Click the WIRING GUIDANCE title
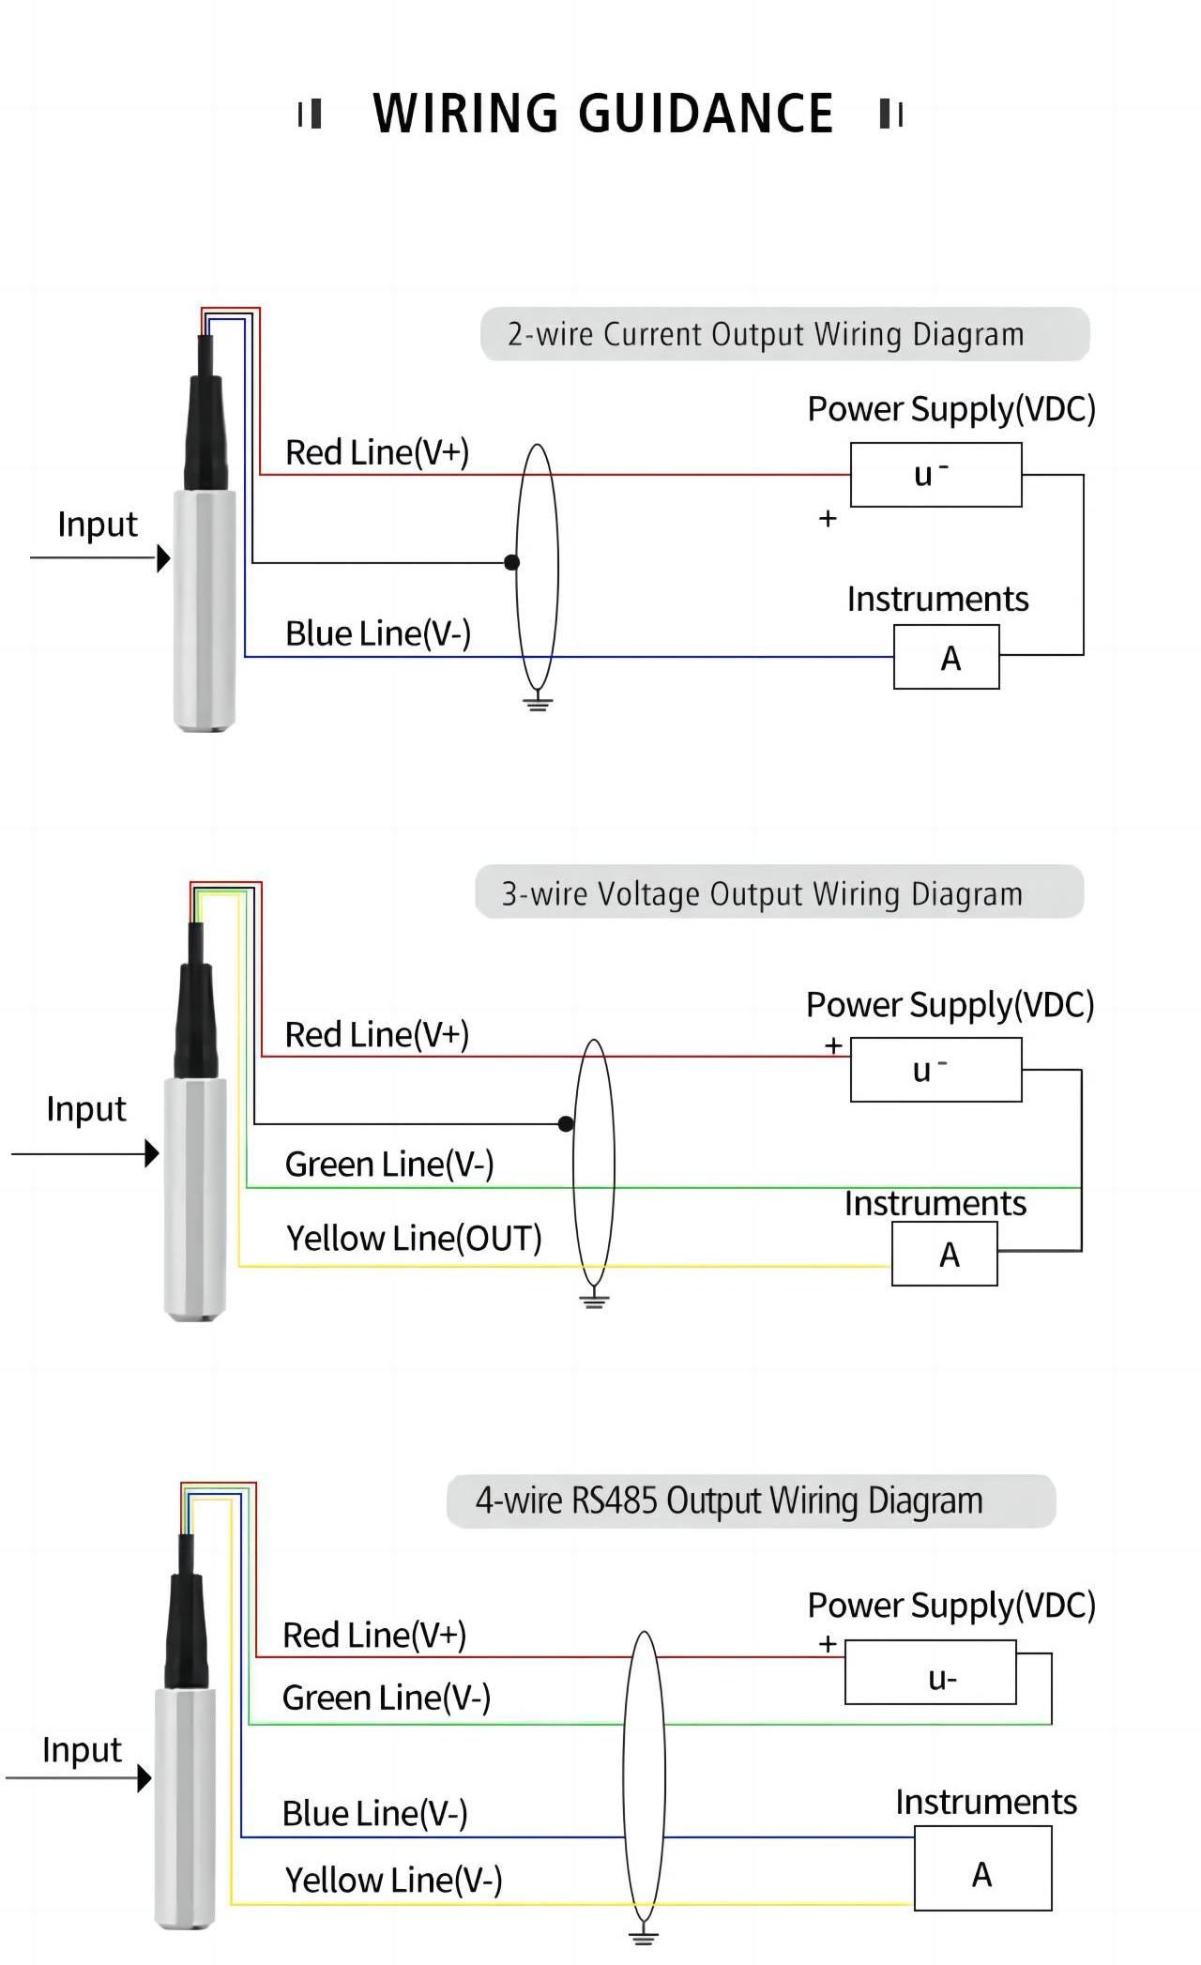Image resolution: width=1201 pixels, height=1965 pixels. pyautogui.click(x=602, y=114)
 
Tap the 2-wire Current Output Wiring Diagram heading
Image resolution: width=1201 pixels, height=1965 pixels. pyautogui.click(x=766, y=334)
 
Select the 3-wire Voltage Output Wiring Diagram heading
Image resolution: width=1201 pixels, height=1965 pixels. pyautogui.click(x=762, y=893)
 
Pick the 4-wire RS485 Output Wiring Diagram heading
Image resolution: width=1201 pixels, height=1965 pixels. pyautogui.click(x=729, y=1500)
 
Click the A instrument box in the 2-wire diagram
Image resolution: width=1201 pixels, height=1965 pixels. pyautogui.click(x=946, y=658)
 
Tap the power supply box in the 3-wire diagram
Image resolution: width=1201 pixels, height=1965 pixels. pyautogui.click(x=935, y=1070)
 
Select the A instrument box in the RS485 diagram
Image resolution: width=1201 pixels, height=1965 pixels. pyautogui.click(x=982, y=1874)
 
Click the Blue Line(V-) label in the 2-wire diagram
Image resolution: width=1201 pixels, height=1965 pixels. pyautogui.click(x=377, y=634)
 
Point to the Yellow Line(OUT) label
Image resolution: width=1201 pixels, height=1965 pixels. pyautogui.click(x=414, y=1239)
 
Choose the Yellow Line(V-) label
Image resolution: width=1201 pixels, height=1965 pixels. pyautogui.click(x=393, y=1881)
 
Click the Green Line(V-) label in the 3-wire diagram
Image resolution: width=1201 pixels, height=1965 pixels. pyautogui.click(x=388, y=1165)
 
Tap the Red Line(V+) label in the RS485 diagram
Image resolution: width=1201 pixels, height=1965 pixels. pyautogui.click(x=374, y=1636)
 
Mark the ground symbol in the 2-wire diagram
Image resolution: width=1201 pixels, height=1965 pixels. pyautogui.click(x=538, y=702)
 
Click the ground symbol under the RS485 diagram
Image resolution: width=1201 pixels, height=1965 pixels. pyautogui.click(x=644, y=1935)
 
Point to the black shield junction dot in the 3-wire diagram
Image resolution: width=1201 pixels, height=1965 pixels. pyautogui.click(x=566, y=1123)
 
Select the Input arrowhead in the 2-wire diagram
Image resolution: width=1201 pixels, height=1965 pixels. pyautogui.click(x=163, y=558)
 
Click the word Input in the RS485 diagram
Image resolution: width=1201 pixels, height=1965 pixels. pyautogui.click(x=82, y=1750)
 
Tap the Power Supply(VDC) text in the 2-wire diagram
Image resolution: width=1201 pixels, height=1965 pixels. pyautogui.click(x=951, y=409)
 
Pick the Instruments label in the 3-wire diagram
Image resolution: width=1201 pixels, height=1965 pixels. pyautogui.click(x=935, y=1204)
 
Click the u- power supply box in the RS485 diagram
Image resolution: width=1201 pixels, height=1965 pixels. pyautogui.click(x=930, y=1672)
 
